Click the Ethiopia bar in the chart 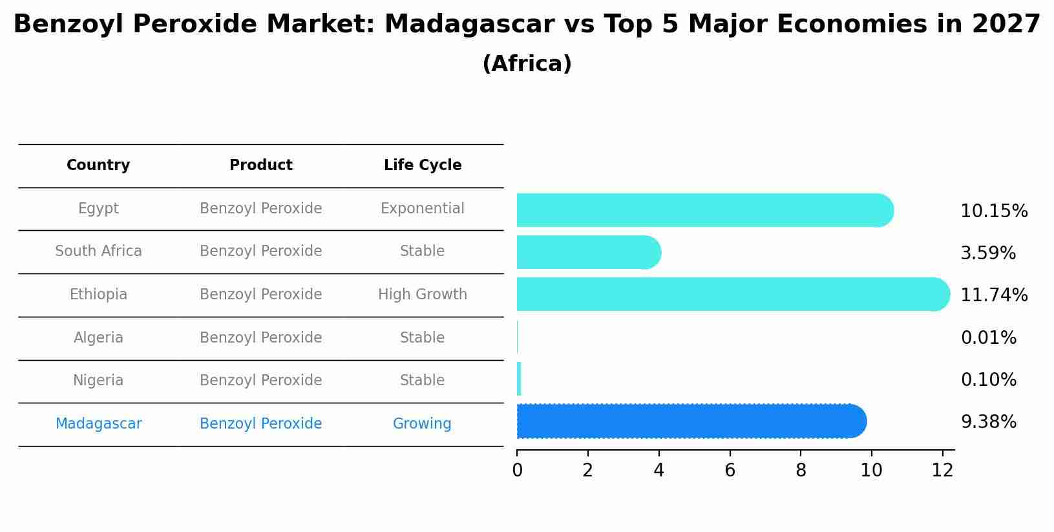tap(733, 294)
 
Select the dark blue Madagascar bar tap(691, 421)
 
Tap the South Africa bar tap(589, 252)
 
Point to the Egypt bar tap(705, 210)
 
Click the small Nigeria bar tap(519, 379)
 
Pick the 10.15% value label tap(994, 211)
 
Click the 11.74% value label tap(994, 295)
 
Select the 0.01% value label tap(989, 337)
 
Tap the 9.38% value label tap(989, 422)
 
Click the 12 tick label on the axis tap(942, 470)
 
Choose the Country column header tap(98, 165)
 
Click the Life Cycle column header tap(423, 165)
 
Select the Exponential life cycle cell tap(423, 208)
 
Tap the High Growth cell tap(423, 294)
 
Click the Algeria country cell tap(98, 337)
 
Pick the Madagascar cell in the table tap(98, 423)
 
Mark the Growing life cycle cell tap(422, 423)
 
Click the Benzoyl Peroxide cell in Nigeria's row tap(260, 380)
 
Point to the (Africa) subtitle tap(527, 63)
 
